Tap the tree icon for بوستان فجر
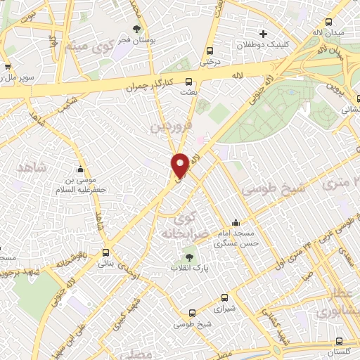[x=136, y=29]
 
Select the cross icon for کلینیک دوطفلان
[x=264, y=33]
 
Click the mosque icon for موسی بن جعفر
[x=81, y=169]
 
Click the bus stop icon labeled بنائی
[x=106, y=252]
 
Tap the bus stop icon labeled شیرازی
[x=224, y=297]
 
